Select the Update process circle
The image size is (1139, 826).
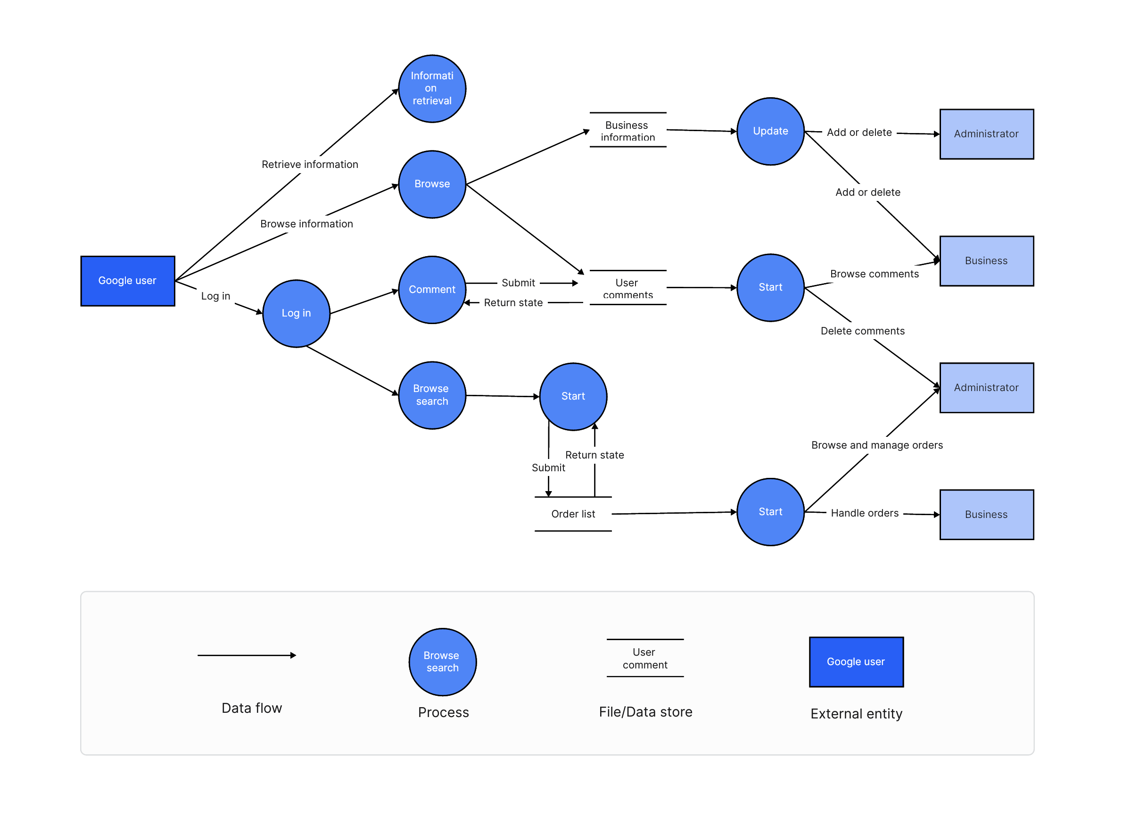pos(770,131)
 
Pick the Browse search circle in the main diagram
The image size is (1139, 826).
pos(432,395)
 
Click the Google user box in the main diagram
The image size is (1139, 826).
pos(128,280)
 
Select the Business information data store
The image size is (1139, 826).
pos(627,131)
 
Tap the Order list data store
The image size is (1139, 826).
pos(572,514)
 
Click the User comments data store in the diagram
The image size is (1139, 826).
pos(627,288)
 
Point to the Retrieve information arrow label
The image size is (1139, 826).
pos(309,164)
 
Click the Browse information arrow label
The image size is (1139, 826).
pos(306,224)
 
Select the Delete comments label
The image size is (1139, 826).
pos(862,331)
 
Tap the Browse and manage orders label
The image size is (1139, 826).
pos(876,445)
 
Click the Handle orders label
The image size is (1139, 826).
pos(864,512)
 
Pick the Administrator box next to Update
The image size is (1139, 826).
pos(986,133)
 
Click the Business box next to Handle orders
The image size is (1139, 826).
pos(986,514)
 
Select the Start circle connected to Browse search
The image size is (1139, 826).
pos(572,396)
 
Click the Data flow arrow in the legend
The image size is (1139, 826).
pos(246,655)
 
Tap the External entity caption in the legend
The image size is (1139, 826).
pos(856,713)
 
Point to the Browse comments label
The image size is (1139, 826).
pos(874,274)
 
